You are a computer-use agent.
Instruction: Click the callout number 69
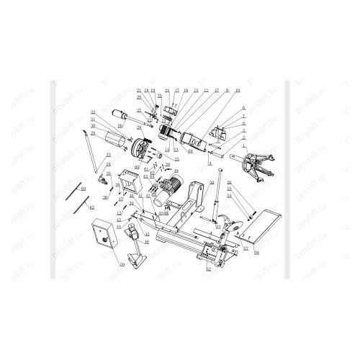pos(84,188)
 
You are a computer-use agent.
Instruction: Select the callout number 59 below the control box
pos(122,265)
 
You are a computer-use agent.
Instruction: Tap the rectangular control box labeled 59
pos(104,235)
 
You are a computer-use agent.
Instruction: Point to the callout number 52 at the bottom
pos(208,269)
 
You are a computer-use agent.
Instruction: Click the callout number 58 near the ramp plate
pos(257,252)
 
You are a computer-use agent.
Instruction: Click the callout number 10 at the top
pos(237,90)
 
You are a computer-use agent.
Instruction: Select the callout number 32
pos(93,112)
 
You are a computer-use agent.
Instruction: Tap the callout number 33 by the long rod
pos(108,155)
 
